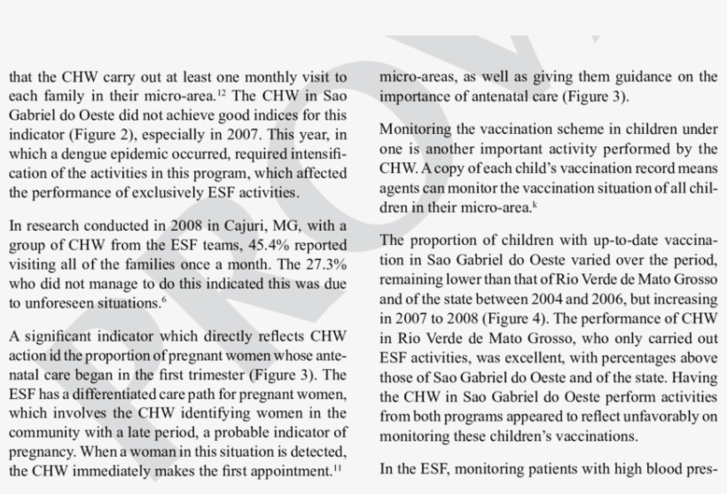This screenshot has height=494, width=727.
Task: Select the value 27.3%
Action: [322, 265]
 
